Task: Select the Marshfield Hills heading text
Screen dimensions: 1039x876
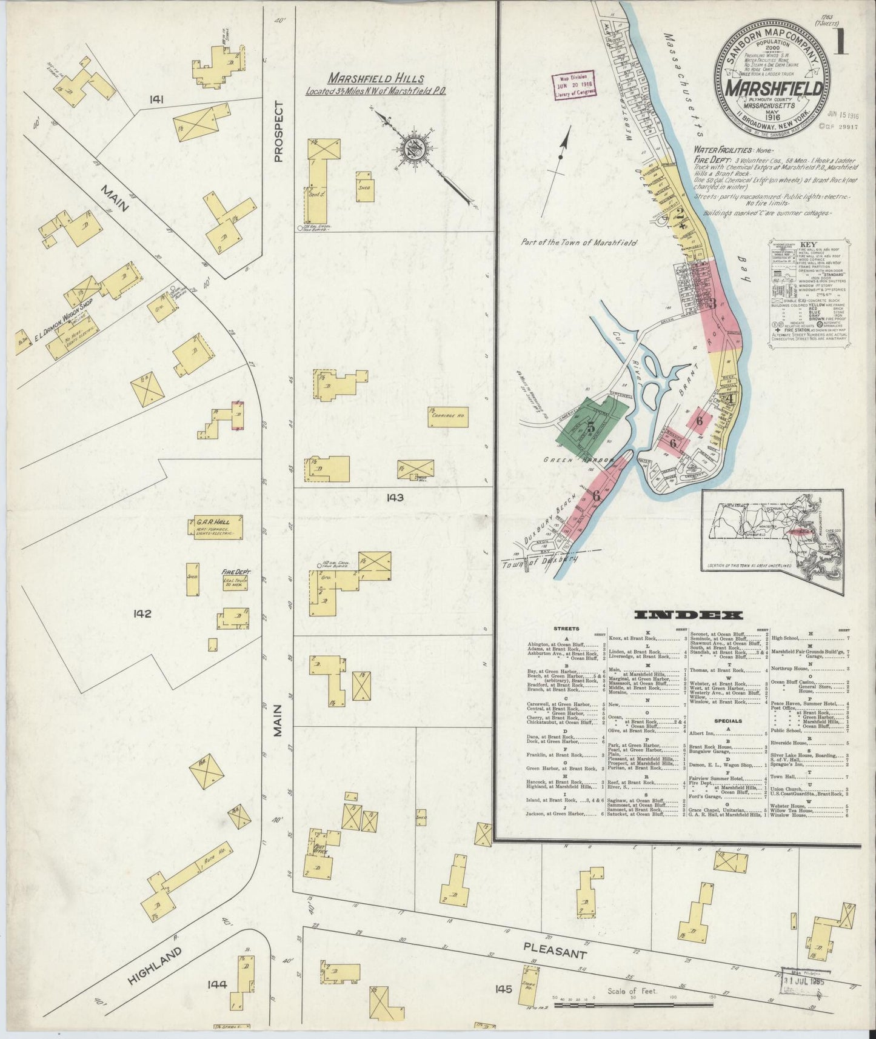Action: (x=376, y=79)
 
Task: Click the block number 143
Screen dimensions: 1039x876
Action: (x=395, y=498)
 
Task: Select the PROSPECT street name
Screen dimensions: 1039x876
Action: (x=279, y=132)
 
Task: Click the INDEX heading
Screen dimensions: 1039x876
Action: (x=688, y=615)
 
